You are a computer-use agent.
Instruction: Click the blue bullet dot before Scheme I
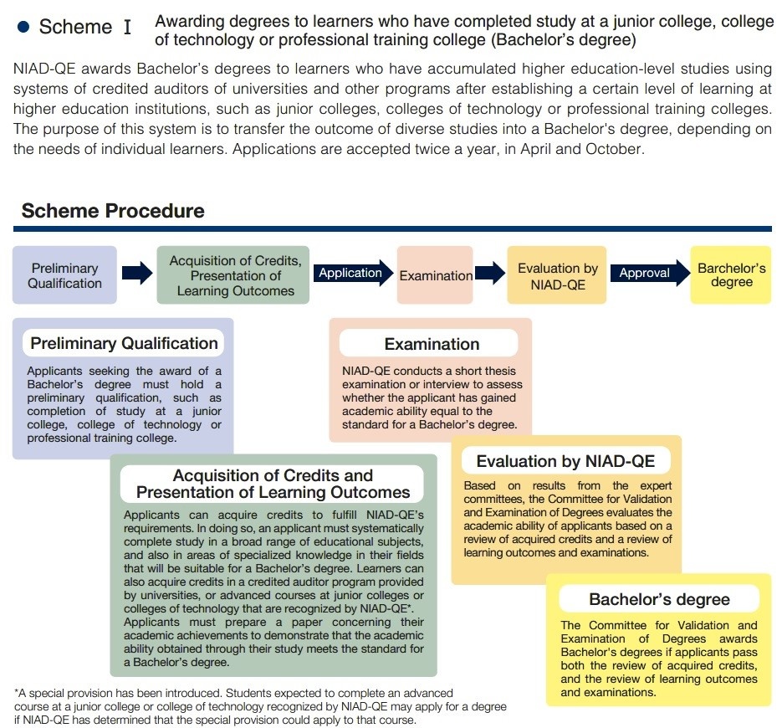(x=23, y=28)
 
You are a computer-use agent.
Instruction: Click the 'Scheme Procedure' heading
(x=113, y=210)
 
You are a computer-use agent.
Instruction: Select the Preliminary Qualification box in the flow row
(x=64, y=275)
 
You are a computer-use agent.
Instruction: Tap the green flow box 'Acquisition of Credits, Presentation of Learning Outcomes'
(x=235, y=275)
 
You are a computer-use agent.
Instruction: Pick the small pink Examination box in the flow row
(x=435, y=275)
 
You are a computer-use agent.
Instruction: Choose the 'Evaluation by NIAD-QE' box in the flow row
(x=557, y=275)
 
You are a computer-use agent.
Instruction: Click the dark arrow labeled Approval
(x=647, y=273)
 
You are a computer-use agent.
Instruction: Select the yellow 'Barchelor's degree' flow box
(x=731, y=275)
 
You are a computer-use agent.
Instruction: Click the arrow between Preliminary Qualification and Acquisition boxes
(x=137, y=273)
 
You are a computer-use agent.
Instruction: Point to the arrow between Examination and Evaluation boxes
(x=490, y=273)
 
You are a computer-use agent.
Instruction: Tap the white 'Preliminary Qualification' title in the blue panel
(x=124, y=343)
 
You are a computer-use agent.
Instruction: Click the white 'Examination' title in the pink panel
(x=432, y=344)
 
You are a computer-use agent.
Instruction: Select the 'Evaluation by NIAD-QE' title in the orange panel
(x=565, y=461)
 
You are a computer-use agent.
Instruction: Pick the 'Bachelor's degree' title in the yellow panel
(x=659, y=599)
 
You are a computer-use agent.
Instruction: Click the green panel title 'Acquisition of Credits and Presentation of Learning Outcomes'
(x=273, y=484)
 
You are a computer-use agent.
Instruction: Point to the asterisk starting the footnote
(x=17, y=693)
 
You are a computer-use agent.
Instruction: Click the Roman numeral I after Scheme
(x=127, y=28)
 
